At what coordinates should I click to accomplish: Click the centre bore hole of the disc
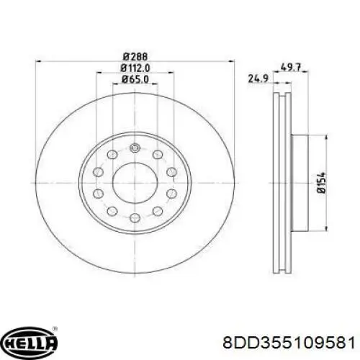[135, 179]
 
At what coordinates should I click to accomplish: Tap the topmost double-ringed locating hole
[135, 148]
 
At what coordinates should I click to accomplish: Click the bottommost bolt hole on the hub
[135, 218]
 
